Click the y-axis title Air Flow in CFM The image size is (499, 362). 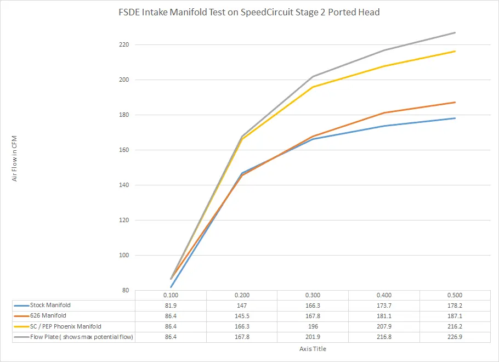(x=15, y=160)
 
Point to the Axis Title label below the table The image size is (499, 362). (x=313, y=348)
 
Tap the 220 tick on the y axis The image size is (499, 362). (x=123, y=44)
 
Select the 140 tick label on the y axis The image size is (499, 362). (x=123, y=185)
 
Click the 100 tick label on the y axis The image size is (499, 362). (x=123, y=255)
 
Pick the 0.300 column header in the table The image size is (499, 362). (x=313, y=295)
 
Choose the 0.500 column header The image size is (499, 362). (x=455, y=295)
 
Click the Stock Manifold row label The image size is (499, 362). (x=50, y=305)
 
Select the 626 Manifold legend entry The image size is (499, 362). (x=48, y=316)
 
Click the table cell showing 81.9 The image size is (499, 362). (x=171, y=306)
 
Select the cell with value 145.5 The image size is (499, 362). (x=242, y=316)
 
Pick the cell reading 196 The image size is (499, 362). (x=313, y=326)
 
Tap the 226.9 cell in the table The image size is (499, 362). (x=455, y=337)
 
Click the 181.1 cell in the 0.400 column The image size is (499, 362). (x=384, y=316)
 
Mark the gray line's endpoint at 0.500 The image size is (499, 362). (x=455, y=33)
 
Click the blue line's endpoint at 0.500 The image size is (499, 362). (x=455, y=118)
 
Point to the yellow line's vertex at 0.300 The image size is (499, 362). (x=313, y=87)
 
